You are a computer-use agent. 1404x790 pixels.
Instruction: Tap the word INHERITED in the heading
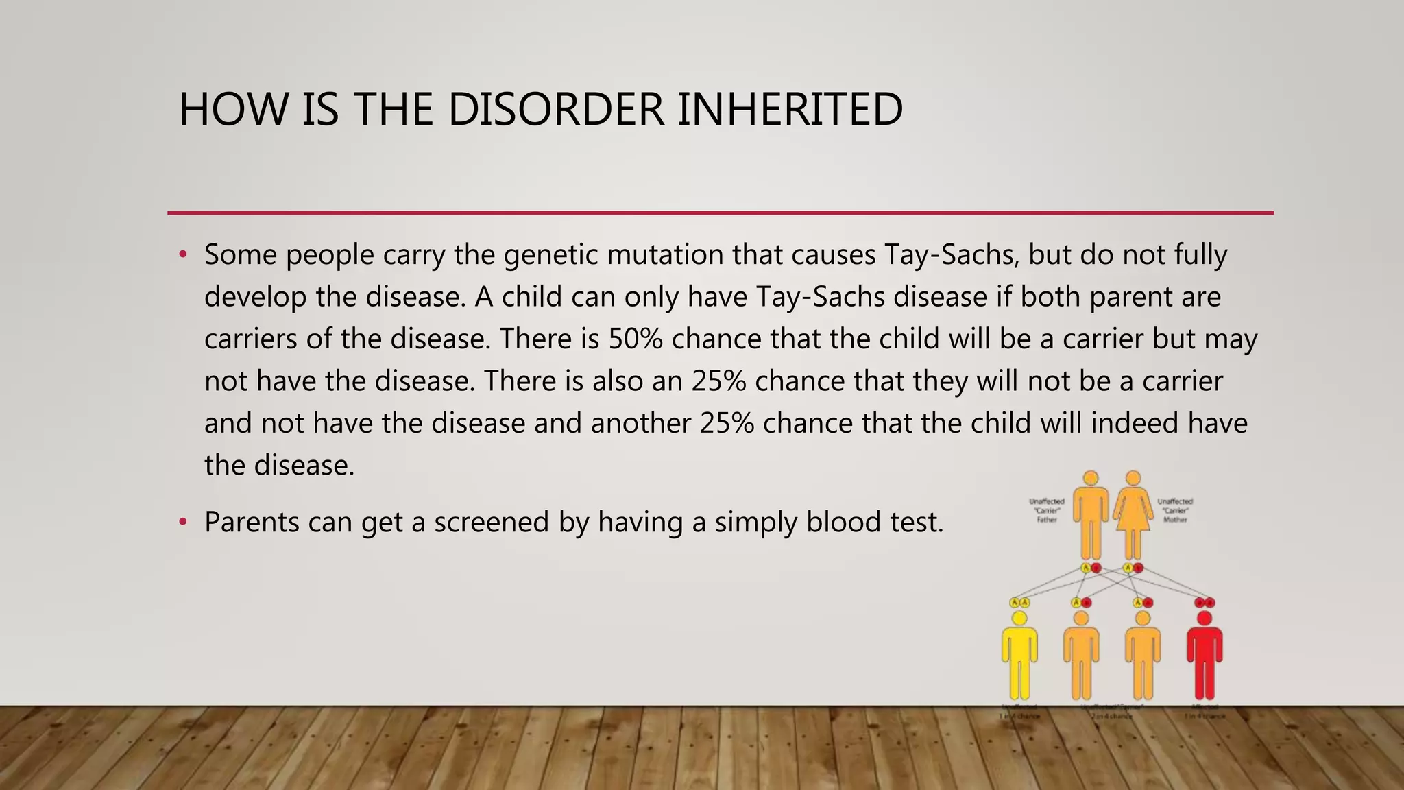pyautogui.click(x=790, y=110)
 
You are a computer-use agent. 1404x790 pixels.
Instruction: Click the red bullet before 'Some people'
pyautogui.click(x=182, y=255)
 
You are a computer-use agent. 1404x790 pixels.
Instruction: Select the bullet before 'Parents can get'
pyautogui.click(x=182, y=523)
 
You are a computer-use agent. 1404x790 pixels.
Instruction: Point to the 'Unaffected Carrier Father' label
pyautogui.click(x=1047, y=510)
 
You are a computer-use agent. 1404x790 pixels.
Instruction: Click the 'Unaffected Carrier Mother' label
pyautogui.click(x=1175, y=510)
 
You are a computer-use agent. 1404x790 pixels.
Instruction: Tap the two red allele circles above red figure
pyautogui.click(x=1205, y=603)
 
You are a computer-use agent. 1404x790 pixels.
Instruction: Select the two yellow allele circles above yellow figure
pyautogui.click(x=1019, y=603)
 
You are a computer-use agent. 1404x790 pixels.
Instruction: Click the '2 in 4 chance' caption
pyautogui.click(x=1112, y=716)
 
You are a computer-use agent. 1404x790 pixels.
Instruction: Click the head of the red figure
pyautogui.click(x=1205, y=619)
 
